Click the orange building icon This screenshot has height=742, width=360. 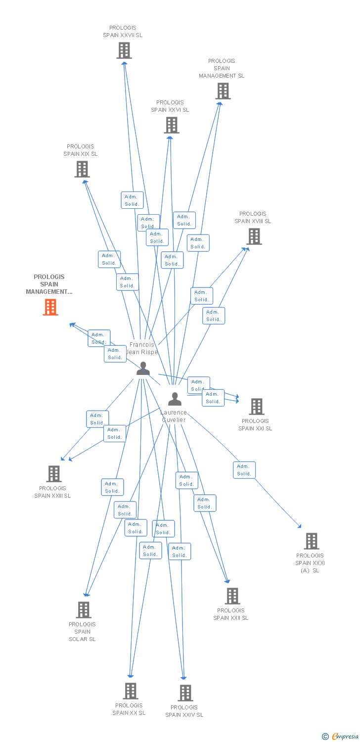50,307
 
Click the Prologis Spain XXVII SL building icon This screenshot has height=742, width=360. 124,50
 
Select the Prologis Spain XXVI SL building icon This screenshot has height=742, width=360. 171,125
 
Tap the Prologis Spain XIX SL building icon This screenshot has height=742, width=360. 82,169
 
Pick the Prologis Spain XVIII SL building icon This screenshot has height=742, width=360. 254,236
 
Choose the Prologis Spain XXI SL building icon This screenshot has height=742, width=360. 256,407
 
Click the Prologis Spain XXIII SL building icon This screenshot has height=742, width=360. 53,474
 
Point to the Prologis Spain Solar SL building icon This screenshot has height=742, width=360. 83,610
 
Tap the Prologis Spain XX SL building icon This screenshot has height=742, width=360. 130,691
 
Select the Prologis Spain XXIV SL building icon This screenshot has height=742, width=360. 185,693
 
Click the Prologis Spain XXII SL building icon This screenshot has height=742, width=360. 232,596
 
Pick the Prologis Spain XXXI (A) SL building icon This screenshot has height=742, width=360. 311,541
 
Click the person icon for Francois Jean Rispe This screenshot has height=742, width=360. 143,369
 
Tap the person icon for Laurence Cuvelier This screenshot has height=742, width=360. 175,399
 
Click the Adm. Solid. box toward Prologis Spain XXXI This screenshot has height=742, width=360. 244,470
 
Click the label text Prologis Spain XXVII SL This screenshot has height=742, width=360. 123,32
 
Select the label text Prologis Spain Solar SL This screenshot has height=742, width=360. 82,632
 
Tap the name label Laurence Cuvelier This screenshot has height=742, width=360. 174,416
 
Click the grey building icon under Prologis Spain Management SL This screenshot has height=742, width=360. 223,91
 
